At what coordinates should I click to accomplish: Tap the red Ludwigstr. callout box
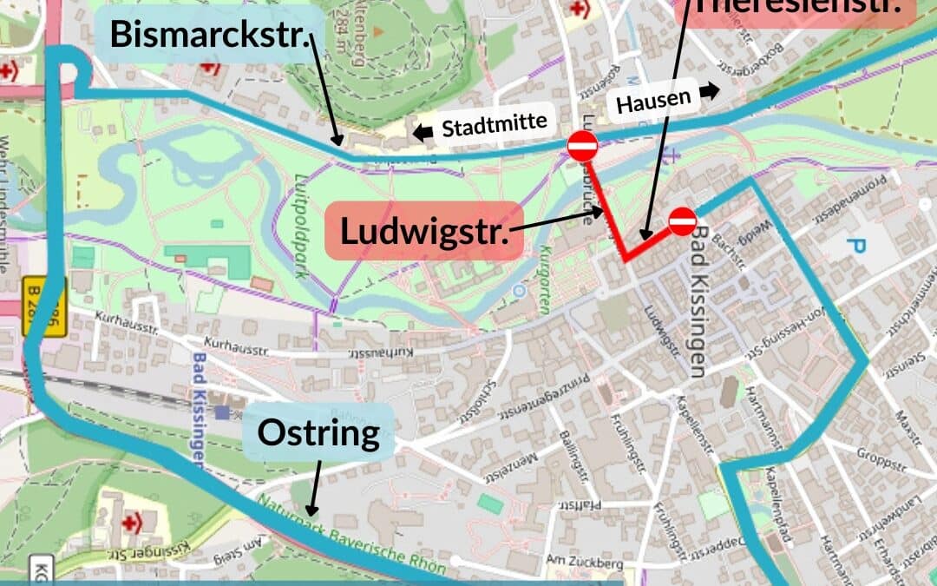tap(423, 232)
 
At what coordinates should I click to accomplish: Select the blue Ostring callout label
tap(318, 432)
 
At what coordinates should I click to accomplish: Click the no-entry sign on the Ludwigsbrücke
tap(581, 146)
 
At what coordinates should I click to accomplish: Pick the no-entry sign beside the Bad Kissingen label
tap(683, 222)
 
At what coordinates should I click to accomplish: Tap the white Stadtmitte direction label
tap(495, 125)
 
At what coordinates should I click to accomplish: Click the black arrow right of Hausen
tap(710, 91)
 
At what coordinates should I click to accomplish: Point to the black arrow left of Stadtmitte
tap(423, 133)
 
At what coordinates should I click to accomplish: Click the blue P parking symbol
tap(856, 247)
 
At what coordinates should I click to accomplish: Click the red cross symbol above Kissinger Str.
tap(131, 523)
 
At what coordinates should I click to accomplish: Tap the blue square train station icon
tap(224, 412)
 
